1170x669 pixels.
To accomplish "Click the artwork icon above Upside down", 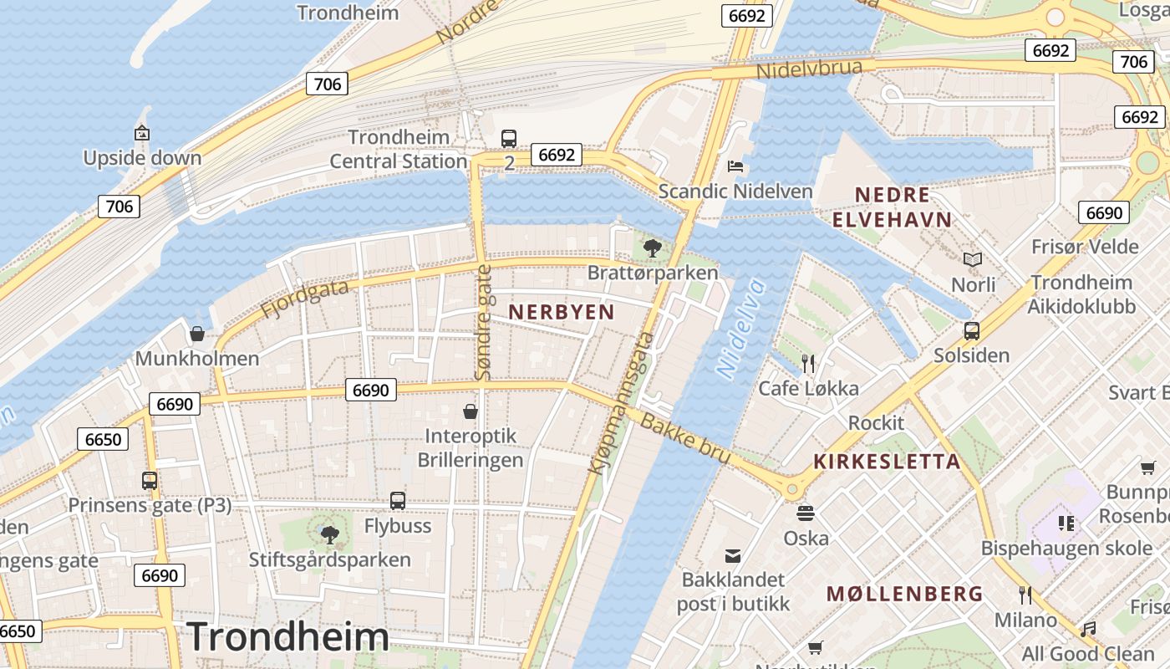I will coord(141,133).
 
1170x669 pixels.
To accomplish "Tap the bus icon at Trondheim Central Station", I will coord(508,138).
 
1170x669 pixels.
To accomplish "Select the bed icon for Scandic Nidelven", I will coord(735,166).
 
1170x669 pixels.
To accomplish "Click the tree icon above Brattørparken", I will coord(653,248).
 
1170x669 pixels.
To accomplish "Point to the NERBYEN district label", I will coord(562,312).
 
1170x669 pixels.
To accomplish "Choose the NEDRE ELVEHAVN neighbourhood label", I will coord(893,207).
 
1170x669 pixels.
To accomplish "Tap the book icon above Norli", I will coord(973,260).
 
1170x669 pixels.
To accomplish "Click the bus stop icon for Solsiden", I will coord(971,330).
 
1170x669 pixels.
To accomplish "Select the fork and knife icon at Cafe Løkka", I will coord(807,363).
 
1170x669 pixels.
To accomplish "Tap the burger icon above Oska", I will coord(806,513).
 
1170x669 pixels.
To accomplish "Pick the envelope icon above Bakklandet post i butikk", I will coord(732,555).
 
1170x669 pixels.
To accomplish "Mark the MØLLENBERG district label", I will coord(904,594).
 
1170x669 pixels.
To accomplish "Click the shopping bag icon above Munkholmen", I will coord(197,334).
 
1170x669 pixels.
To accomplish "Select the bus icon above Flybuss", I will coord(398,501).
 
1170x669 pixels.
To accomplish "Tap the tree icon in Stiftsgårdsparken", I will coord(330,534).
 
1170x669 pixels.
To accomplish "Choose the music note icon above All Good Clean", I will coord(1088,629).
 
